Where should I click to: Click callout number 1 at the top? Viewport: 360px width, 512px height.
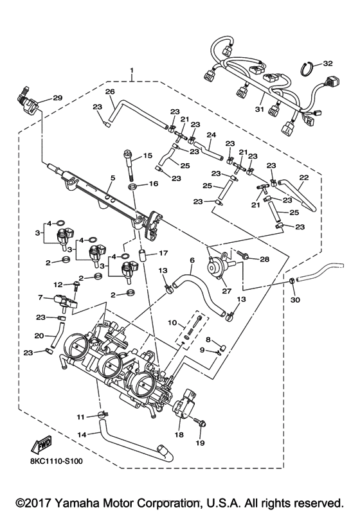click(x=132, y=69)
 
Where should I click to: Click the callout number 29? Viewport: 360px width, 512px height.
click(x=57, y=98)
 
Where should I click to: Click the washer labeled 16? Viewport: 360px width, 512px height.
click(x=133, y=186)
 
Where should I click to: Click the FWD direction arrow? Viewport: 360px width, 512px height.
click(x=40, y=444)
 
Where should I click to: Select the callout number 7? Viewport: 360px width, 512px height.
click(x=40, y=297)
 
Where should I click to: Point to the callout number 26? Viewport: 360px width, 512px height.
click(x=110, y=92)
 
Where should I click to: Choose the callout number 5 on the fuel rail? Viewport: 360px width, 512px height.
click(x=112, y=178)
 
